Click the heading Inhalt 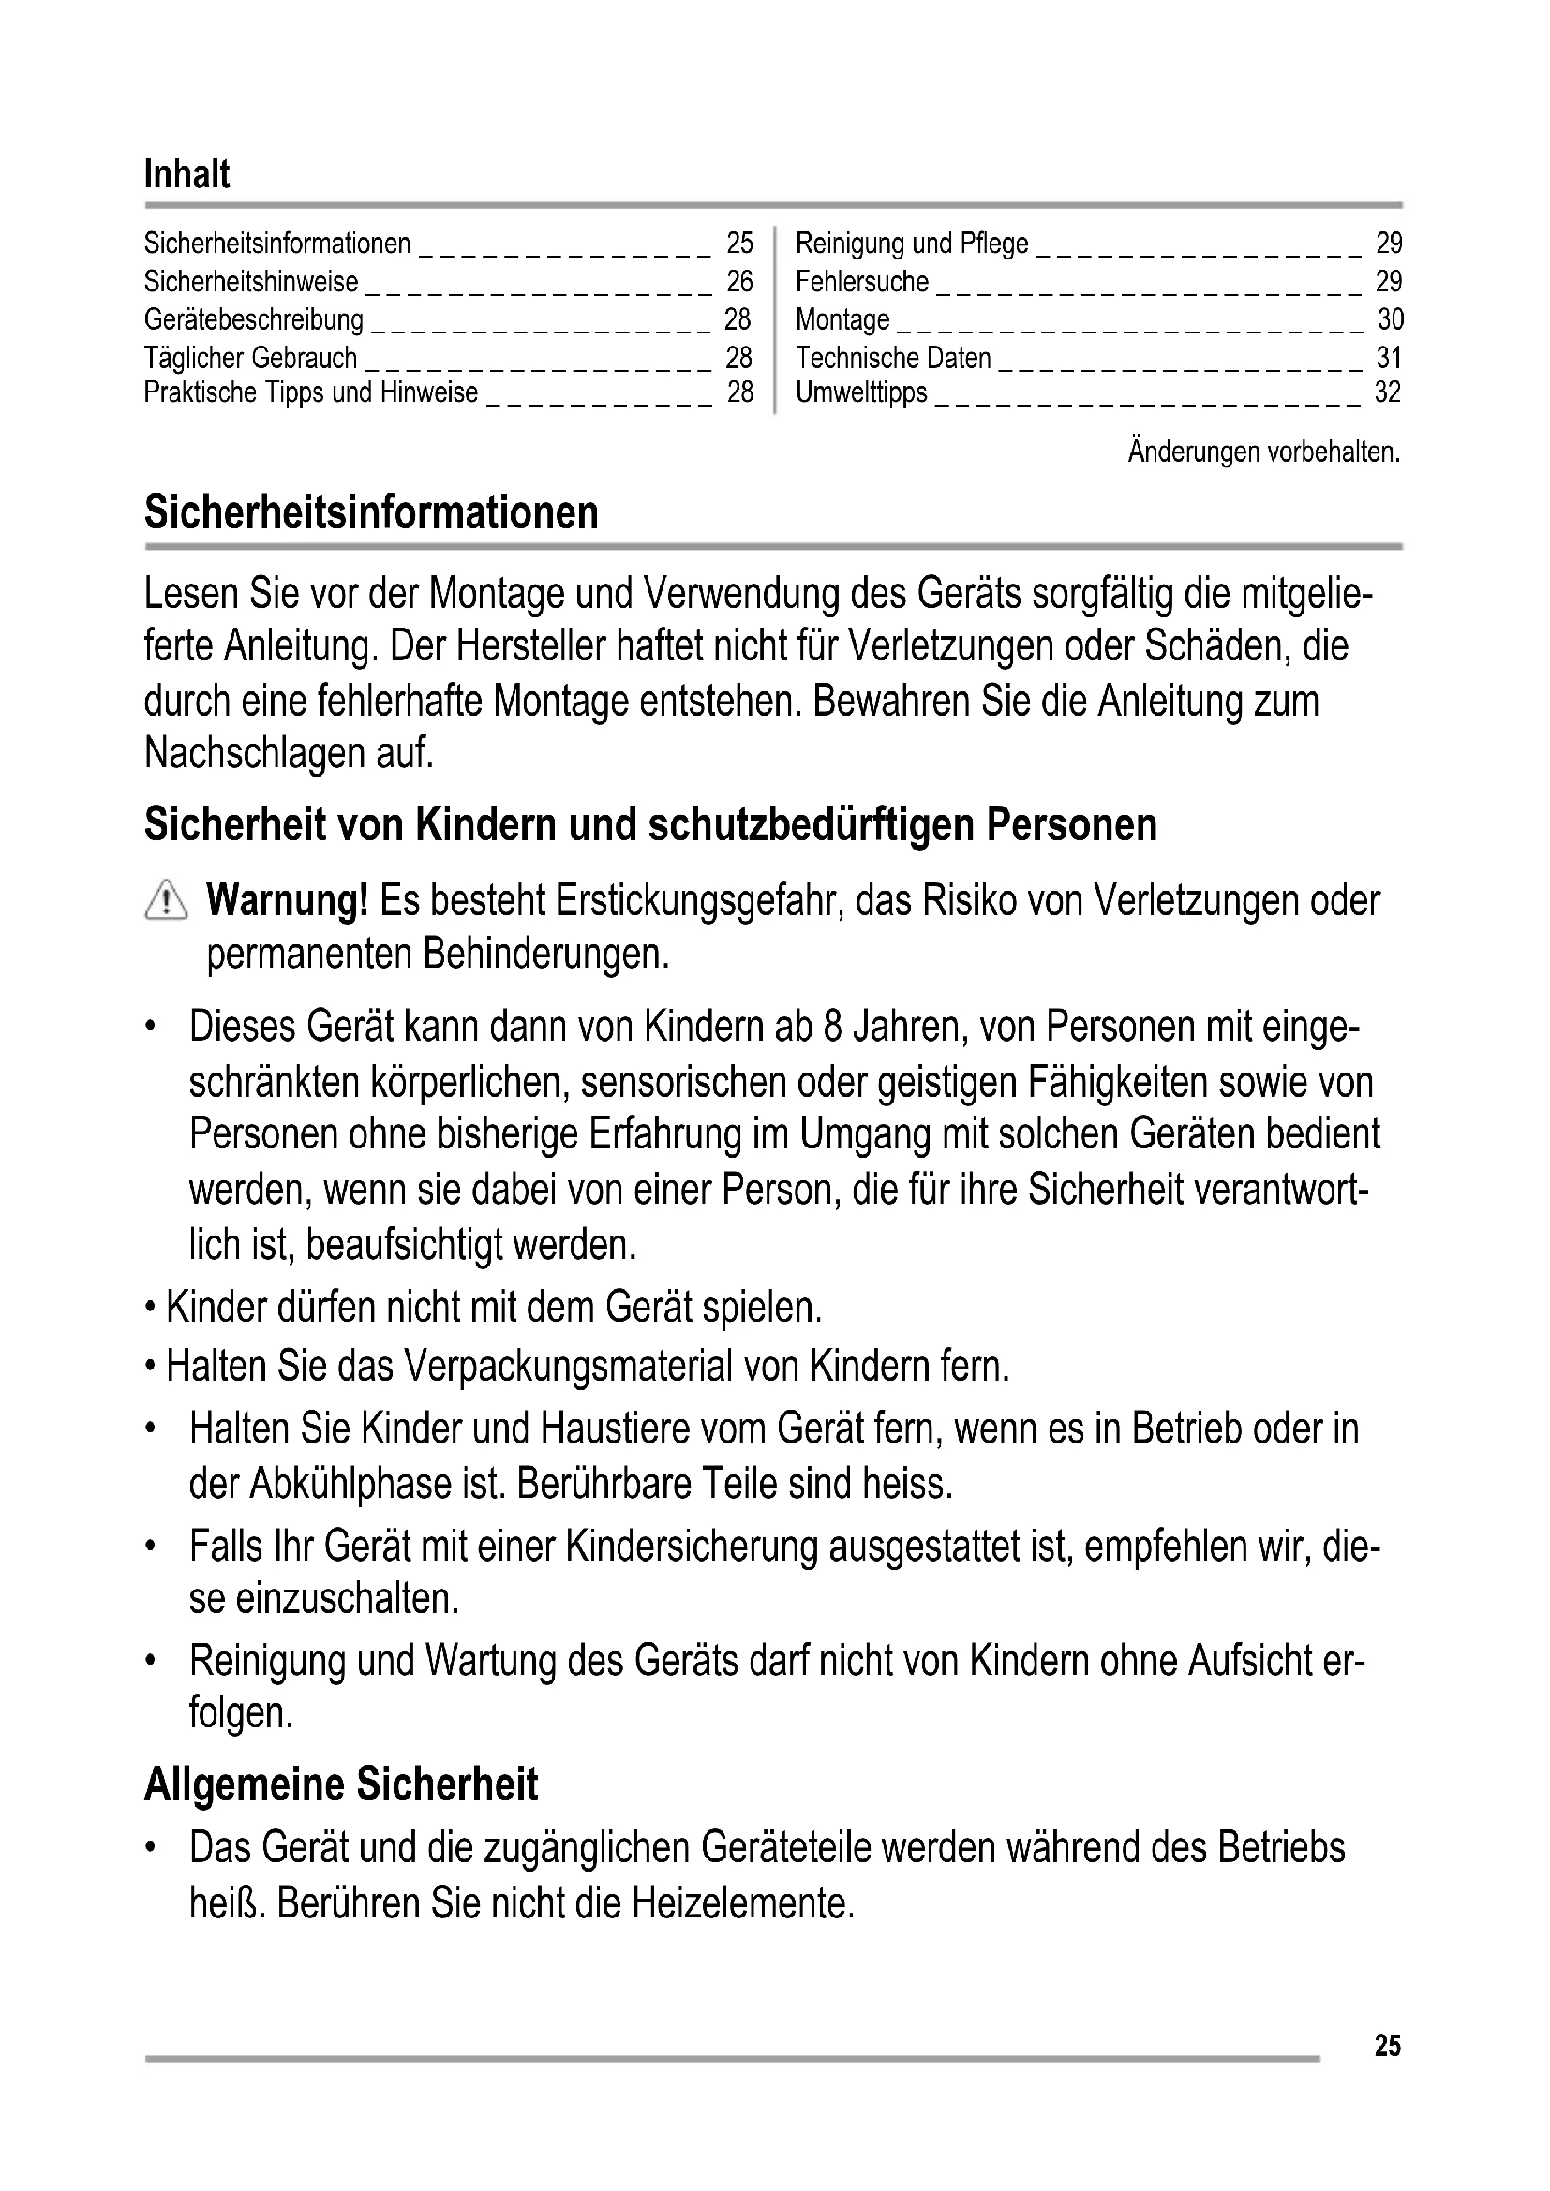[187, 174]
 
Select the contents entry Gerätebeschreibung [254, 318]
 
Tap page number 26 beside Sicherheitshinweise [738, 282]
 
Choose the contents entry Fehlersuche [862, 282]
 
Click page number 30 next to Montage [1390, 318]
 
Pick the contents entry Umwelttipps [861, 392]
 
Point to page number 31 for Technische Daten [1389, 358]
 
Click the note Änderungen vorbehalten [1263, 452]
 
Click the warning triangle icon [166, 900]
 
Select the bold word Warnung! [287, 900]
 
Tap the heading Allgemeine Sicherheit [341, 1784]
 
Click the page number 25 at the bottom [1388, 2045]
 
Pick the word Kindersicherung [692, 1546]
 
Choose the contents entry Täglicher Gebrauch [250, 358]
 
